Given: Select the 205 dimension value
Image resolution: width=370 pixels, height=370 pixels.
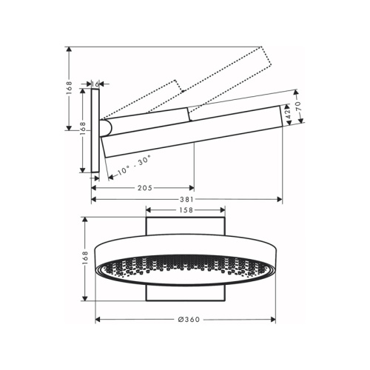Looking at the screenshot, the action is [x=145, y=188].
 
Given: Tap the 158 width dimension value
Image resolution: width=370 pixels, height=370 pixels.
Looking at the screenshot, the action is [x=186, y=210].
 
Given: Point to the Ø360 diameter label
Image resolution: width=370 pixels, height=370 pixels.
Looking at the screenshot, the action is [x=189, y=320].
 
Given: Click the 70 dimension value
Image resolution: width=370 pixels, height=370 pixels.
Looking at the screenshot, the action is [x=298, y=107].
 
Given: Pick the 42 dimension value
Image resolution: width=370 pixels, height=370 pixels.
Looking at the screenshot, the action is [x=288, y=115].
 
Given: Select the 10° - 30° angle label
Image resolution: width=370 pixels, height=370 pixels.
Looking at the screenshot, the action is [x=134, y=165].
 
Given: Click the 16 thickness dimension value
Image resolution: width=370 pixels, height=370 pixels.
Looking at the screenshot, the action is [x=95, y=84].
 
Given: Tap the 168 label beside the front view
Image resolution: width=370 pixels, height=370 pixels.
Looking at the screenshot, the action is [x=84, y=259].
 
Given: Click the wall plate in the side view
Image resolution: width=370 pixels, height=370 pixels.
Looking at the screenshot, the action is [x=95, y=131].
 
